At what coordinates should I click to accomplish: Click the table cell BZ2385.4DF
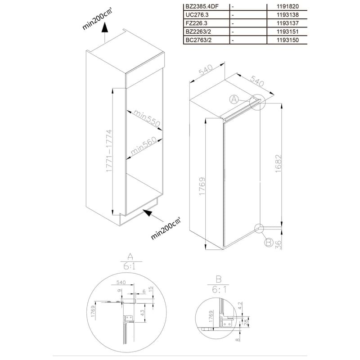point(202,6)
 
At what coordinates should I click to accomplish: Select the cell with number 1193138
point(288,15)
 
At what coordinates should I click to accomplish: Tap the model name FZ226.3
point(196,23)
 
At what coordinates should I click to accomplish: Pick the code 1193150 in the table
point(288,40)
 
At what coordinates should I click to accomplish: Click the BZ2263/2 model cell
point(198,31)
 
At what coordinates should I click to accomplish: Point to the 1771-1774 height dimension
point(109,151)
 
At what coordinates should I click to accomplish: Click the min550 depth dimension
point(147,118)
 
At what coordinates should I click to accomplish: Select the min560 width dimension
point(144,145)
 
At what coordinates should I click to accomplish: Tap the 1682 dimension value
point(278,163)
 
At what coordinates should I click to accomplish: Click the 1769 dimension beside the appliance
point(202,186)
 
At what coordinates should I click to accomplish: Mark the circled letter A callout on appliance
point(234,99)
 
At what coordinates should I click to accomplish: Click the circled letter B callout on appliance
point(269,243)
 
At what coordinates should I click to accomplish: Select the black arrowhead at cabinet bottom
point(148,213)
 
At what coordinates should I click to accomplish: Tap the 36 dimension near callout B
point(278,245)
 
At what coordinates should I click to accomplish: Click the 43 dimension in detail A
point(142,313)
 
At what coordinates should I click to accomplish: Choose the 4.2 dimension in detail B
point(240,306)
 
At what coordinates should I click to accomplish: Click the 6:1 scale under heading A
point(130,266)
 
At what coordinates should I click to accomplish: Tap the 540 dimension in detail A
point(121,282)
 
